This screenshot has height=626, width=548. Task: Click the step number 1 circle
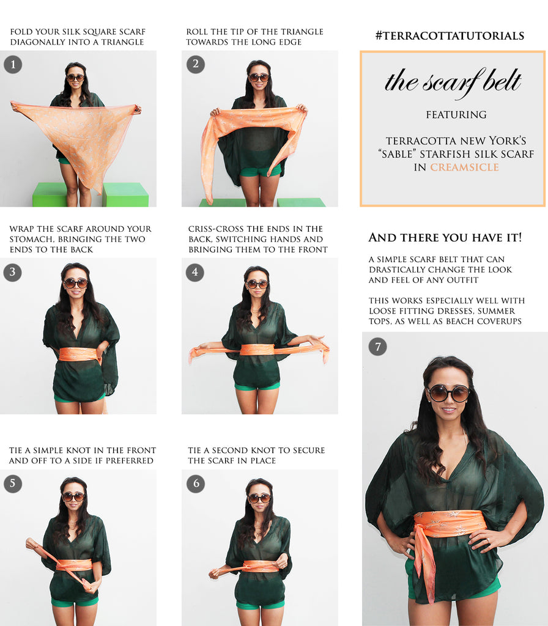(x=13, y=64)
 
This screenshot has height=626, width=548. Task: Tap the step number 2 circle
(x=195, y=64)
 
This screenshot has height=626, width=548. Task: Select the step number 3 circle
(x=12, y=272)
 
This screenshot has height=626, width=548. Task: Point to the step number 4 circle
(x=195, y=272)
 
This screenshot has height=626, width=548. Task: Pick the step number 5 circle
(x=13, y=484)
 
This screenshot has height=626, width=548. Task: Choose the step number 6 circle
(x=196, y=484)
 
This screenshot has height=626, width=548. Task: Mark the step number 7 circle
(x=378, y=346)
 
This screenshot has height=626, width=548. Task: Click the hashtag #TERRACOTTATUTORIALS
(x=450, y=35)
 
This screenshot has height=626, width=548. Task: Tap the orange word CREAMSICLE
(x=465, y=167)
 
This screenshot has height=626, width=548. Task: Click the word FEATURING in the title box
(x=456, y=114)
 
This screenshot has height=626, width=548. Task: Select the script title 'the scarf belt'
(x=453, y=82)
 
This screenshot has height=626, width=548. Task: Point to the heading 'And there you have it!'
(x=445, y=237)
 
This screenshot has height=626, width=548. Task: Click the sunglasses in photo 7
(x=449, y=393)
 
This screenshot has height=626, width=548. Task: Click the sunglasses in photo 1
(x=75, y=78)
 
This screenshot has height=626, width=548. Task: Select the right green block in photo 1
(x=125, y=194)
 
